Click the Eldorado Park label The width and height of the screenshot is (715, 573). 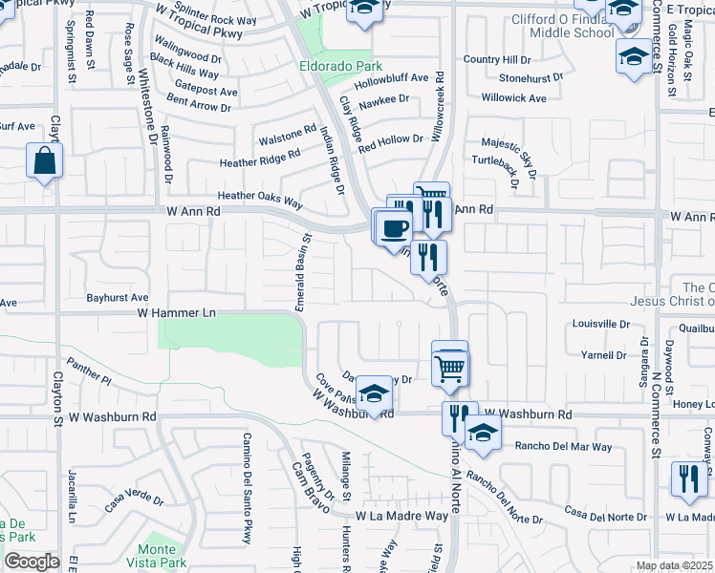(x=334, y=67)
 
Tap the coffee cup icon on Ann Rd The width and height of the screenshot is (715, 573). (x=394, y=228)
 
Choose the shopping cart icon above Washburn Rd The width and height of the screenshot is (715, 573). (x=450, y=366)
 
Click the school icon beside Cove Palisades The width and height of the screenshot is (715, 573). (x=375, y=393)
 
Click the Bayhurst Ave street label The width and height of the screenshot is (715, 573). (x=118, y=298)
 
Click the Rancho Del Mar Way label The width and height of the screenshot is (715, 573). (x=563, y=446)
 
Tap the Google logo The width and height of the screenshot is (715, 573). (x=32, y=562)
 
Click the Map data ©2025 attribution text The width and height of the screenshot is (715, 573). (x=673, y=565)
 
